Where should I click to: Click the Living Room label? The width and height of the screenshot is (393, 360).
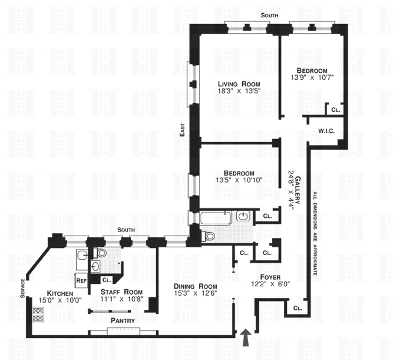(239, 84)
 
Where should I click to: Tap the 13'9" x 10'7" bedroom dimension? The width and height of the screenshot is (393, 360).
(312, 77)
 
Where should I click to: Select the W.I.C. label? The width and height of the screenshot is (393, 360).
(326, 131)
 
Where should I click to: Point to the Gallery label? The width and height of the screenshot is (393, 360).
(298, 190)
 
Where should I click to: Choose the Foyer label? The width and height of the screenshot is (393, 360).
(270, 277)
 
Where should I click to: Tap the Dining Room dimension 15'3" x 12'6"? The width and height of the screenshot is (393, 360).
(196, 293)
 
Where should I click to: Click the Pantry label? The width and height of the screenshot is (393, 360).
(123, 320)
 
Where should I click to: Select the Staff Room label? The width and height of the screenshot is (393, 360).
(121, 292)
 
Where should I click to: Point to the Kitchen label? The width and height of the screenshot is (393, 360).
(60, 294)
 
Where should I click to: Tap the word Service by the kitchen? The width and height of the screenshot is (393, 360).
(23, 289)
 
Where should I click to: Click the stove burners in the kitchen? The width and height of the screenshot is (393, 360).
(38, 315)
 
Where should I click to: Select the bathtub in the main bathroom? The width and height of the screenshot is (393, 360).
(216, 218)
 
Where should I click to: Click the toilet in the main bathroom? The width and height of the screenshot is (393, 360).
(208, 236)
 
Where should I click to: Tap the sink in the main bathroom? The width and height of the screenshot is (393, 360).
(243, 216)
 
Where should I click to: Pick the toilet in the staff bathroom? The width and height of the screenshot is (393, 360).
(100, 253)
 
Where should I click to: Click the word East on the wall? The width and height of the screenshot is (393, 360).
(182, 130)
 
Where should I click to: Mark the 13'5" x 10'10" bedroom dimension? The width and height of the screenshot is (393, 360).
(239, 180)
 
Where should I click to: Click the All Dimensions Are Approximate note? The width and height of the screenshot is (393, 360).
(315, 233)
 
